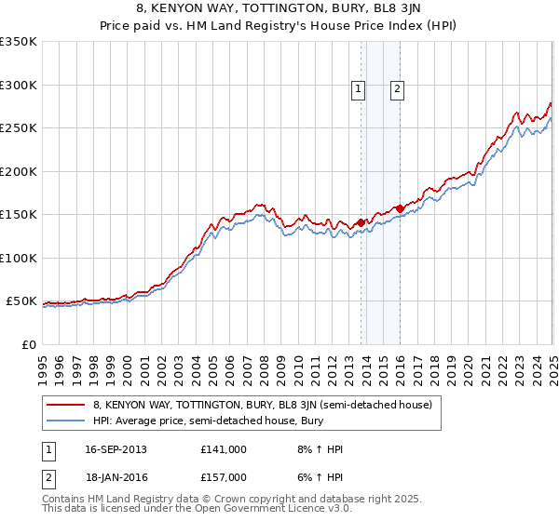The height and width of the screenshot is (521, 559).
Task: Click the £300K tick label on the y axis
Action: pyautogui.click(x=19, y=85)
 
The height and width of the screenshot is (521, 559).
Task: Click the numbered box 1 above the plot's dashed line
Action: pyautogui.click(x=358, y=89)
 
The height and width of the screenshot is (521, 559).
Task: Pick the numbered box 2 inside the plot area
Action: pyautogui.click(x=397, y=89)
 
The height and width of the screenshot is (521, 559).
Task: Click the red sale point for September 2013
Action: pyautogui.click(x=361, y=222)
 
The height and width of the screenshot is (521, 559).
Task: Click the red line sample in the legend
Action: pyautogui.click(x=65, y=406)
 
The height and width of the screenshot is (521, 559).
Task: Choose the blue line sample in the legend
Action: pyautogui.click(x=65, y=421)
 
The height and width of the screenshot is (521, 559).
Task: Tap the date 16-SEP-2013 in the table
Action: pyautogui.click(x=116, y=449)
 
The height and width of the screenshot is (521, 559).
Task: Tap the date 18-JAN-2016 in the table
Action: pyautogui.click(x=116, y=477)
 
